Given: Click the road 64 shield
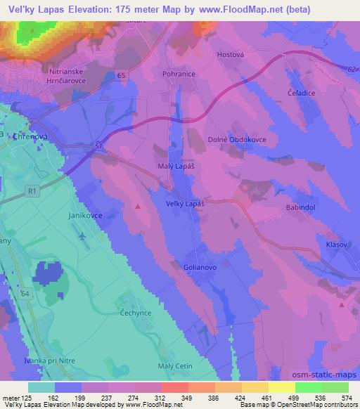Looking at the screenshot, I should point(25,292).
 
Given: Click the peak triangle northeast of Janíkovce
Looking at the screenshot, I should point(138,207).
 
